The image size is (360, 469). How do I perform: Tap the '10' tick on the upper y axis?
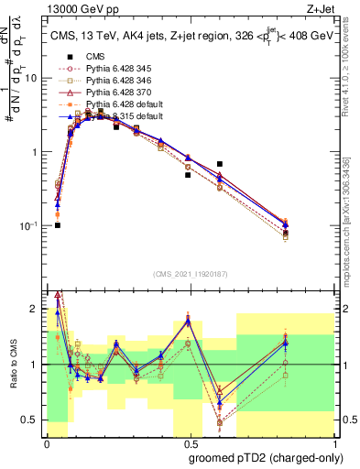pos(34,78)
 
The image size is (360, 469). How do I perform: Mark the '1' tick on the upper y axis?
pos(37,152)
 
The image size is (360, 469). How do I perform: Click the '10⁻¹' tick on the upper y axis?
pos(32,226)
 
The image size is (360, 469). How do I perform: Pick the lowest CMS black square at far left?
pos(58,225)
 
